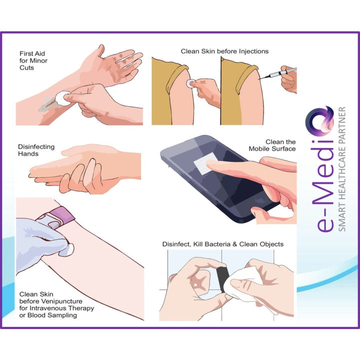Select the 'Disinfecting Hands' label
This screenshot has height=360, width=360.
tap(36, 150)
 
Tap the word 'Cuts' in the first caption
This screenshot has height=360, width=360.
tap(27, 67)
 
